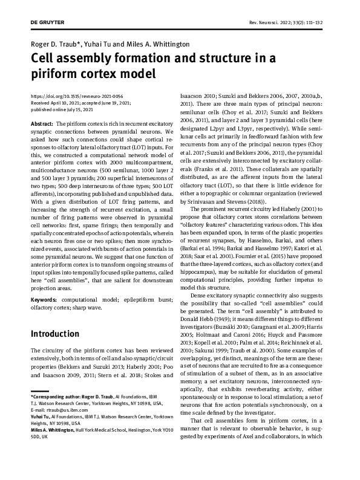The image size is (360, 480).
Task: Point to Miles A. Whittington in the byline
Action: coord(160,44)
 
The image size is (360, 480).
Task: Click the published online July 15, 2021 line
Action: coord(62,109)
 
